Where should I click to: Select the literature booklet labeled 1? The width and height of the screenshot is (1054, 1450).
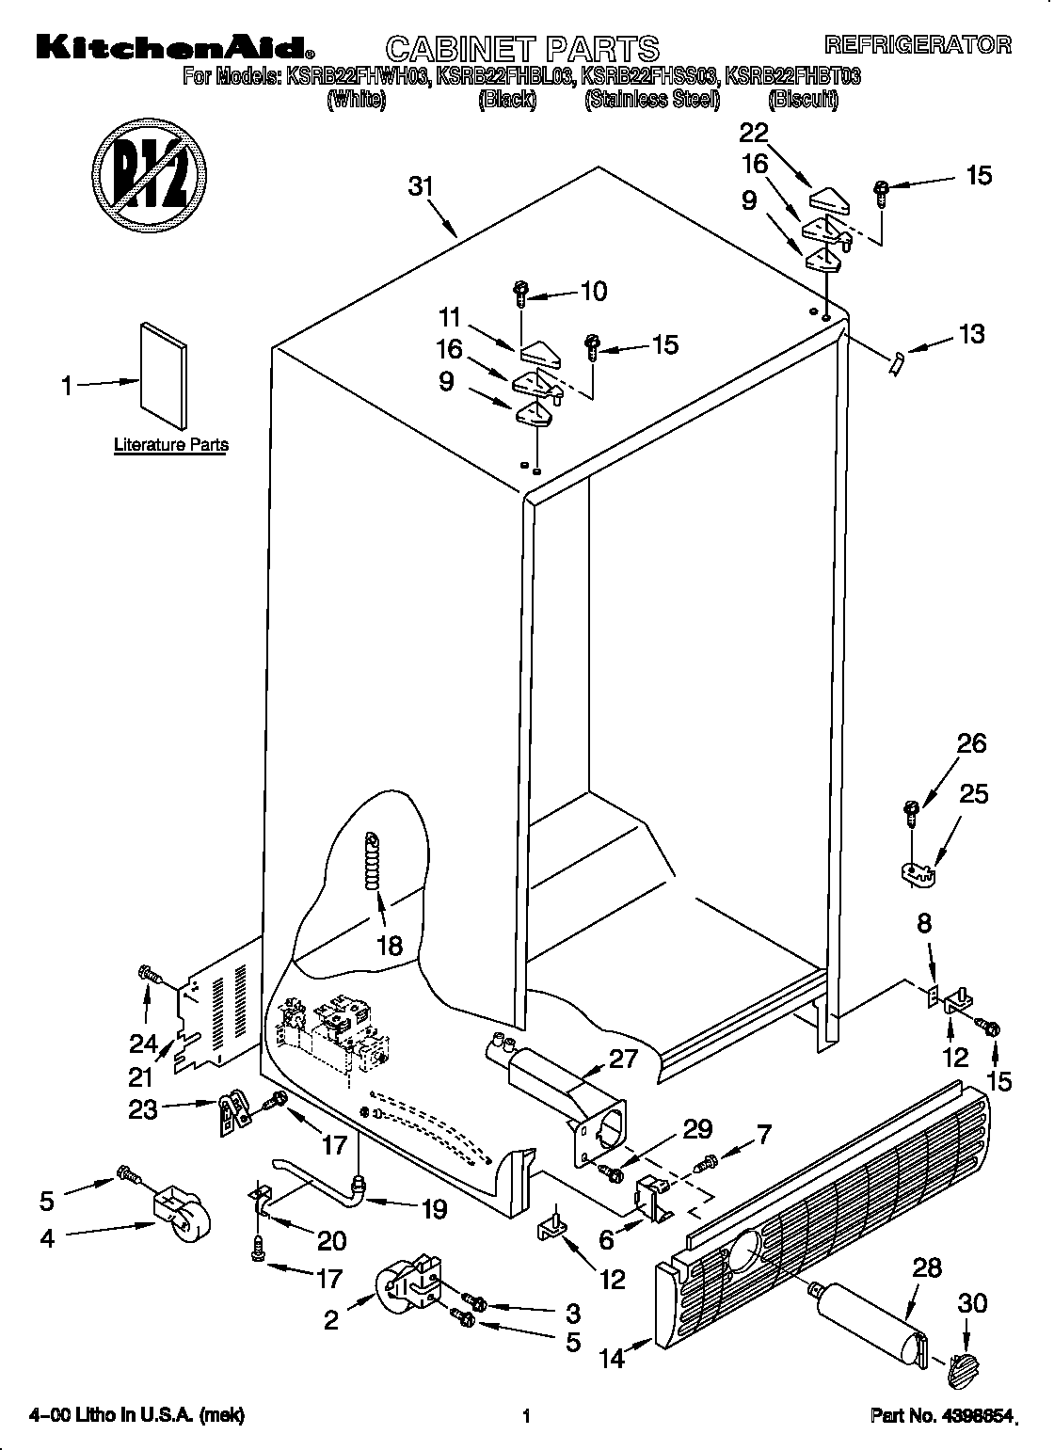point(163,370)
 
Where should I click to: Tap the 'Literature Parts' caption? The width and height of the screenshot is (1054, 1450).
point(170,445)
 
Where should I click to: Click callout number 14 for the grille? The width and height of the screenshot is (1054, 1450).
point(613,1358)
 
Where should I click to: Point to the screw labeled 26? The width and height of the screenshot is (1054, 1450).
point(912,811)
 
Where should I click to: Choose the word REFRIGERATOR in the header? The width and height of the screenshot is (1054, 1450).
point(918,44)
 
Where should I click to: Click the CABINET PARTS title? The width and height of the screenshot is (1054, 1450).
point(523,47)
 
